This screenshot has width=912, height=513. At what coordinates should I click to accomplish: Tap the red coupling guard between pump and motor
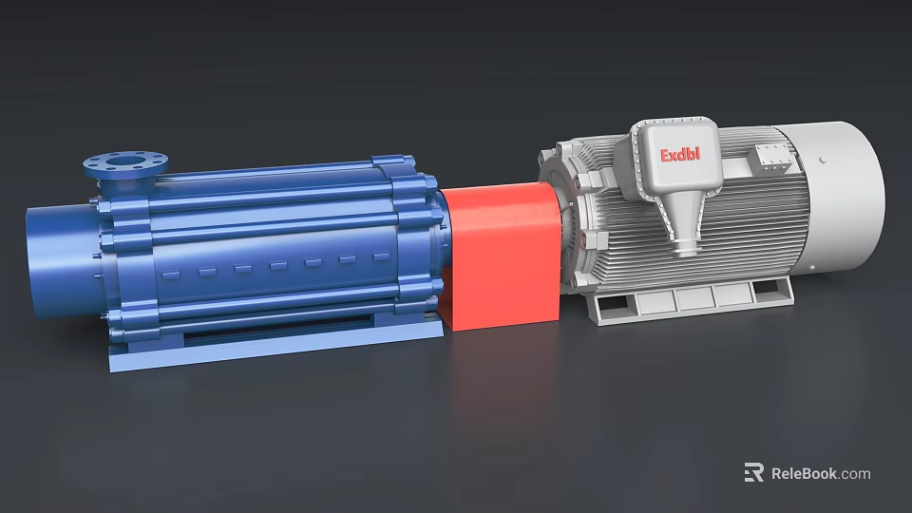[x=501, y=256]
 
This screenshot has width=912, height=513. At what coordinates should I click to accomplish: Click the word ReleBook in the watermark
[x=804, y=473]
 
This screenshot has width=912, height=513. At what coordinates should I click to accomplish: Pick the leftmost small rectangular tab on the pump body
[x=170, y=275]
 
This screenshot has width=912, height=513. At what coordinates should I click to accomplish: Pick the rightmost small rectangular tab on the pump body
[x=381, y=256]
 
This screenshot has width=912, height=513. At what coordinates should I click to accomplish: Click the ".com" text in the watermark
[x=855, y=473]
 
